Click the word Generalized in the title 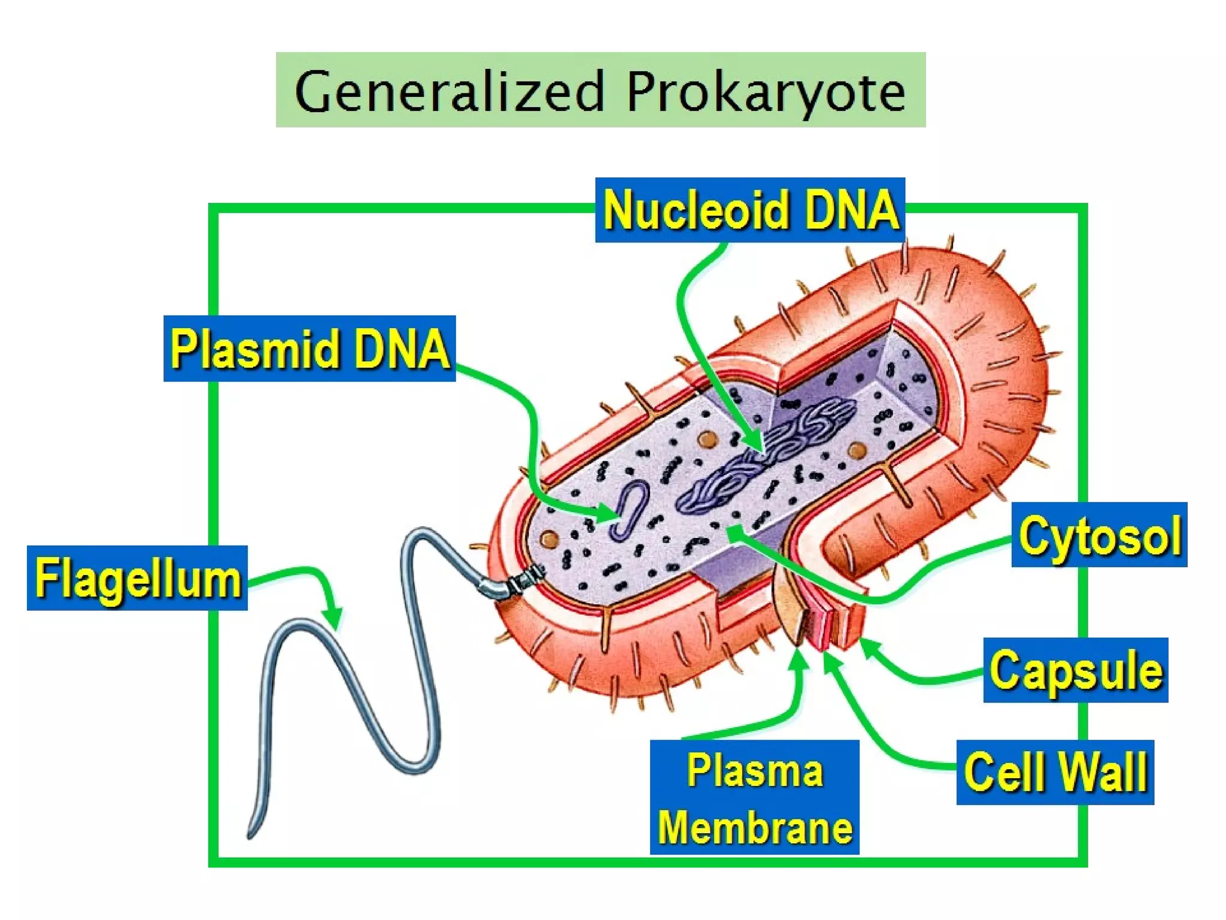[449, 92]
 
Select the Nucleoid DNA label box [749, 210]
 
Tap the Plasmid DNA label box [309, 349]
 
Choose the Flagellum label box [137, 578]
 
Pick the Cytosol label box [1099, 535]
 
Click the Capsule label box [1075, 670]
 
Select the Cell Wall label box [1055, 772]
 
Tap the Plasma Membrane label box [754, 797]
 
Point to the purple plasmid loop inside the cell [629, 509]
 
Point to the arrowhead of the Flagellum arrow [333, 620]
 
